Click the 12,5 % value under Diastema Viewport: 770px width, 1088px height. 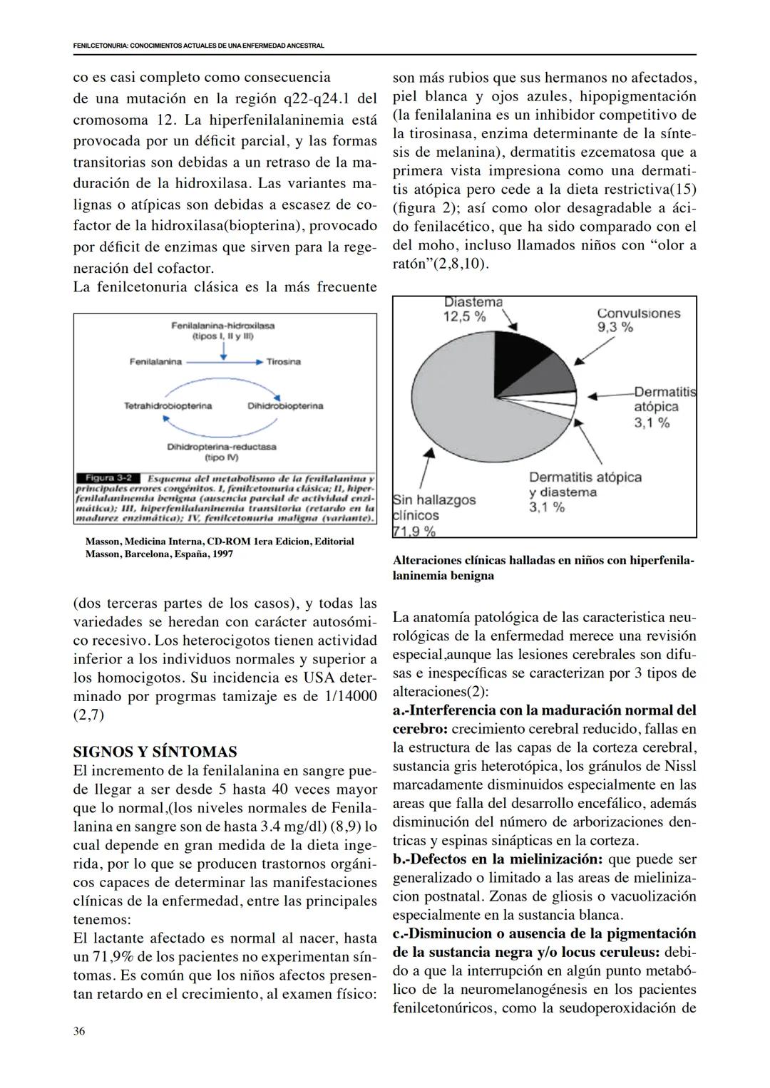click(x=464, y=317)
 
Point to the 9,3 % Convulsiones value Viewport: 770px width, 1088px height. click(x=615, y=327)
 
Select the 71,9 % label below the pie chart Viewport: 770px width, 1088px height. click(x=414, y=531)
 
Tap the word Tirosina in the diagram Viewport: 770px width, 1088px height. click(x=284, y=362)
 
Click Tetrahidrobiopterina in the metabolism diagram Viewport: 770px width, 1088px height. click(x=168, y=406)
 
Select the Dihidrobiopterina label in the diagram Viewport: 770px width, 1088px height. click(x=285, y=406)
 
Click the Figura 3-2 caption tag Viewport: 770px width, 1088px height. click(x=107, y=477)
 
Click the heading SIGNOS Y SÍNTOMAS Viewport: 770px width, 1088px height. click(x=155, y=752)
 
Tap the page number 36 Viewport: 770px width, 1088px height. click(x=79, y=1031)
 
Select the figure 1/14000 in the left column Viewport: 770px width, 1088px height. click(x=350, y=696)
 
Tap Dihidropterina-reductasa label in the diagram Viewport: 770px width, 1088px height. click(x=222, y=447)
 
